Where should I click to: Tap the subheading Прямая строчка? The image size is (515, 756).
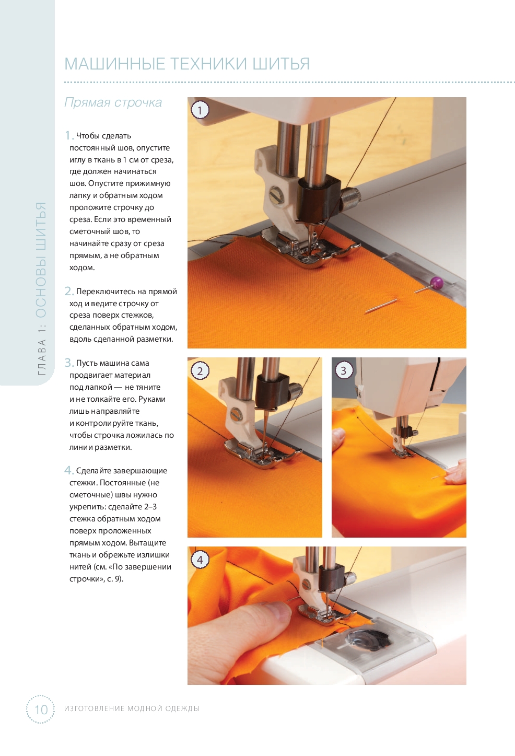[113, 102]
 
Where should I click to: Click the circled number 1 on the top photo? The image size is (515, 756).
[200, 110]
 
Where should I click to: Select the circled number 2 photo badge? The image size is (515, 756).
[200, 371]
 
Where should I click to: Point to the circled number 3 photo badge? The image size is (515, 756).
[344, 370]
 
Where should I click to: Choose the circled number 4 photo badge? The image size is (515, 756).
[200, 560]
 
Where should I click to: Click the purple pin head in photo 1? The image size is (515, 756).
[436, 281]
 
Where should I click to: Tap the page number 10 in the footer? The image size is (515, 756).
[41, 710]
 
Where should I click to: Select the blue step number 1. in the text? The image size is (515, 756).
[69, 136]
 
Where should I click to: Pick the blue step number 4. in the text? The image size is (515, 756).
[69, 470]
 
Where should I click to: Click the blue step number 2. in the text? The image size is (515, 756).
[69, 291]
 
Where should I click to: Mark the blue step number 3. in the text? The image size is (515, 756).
[69, 363]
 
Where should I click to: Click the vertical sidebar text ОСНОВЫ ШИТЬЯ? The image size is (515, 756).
[41, 260]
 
